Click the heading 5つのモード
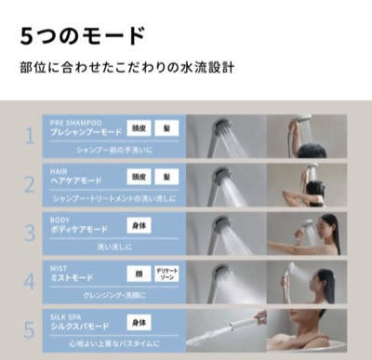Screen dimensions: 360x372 83,36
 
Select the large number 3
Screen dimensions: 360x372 28,233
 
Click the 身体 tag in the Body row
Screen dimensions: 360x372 139,226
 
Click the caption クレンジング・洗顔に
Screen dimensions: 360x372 115,295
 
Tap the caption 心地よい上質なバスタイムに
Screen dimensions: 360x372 115,343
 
